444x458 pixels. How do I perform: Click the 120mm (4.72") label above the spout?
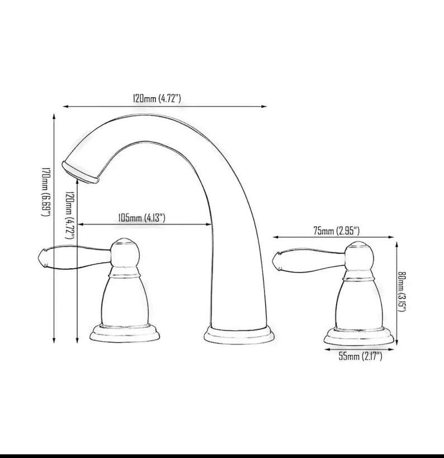pos(157,98)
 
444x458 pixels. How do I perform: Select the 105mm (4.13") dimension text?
pos(142,218)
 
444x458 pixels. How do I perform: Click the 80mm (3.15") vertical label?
pos(402,292)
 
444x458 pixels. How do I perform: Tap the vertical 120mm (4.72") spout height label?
pos(70,208)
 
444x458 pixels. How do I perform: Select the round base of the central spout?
pos(239,334)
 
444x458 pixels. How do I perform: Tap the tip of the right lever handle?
pos(275,259)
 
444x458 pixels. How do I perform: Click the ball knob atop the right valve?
pos(358,256)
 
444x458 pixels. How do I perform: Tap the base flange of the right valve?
pos(358,335)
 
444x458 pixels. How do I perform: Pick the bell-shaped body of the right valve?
pos(358,302)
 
